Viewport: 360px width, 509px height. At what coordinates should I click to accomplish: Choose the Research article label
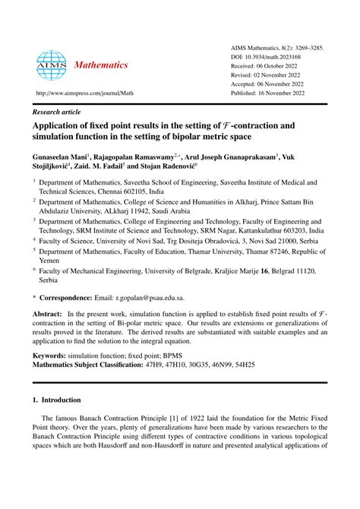pyautogui.click(x=56, y=111)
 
